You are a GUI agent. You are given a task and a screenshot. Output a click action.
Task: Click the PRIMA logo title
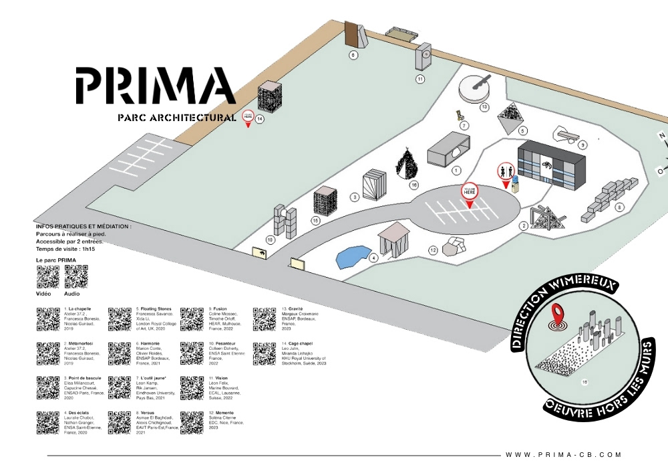click(x=155, y=85)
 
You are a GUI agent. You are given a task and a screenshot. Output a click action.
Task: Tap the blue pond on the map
click(x=353, y=256)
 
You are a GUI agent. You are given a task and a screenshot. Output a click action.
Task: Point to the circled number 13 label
click(x=484, y=106)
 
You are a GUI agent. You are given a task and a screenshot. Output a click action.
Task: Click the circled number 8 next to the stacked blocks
click(x=619, y=207)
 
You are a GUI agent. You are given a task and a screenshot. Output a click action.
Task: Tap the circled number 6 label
click(x=353, y=56)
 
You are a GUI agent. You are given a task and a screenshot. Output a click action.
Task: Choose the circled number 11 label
click(x=420, y=79)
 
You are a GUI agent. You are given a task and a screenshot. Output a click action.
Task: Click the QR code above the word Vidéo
click(x=47, y=276)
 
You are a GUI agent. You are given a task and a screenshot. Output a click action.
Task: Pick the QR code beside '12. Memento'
click(x=191, y=423)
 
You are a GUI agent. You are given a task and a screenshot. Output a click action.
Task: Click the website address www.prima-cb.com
click(x=563, y=455)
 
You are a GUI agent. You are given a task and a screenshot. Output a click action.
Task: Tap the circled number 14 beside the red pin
click(x=260, y=119)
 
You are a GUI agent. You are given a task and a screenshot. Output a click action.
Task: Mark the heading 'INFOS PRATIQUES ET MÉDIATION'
click(x=83, y=227)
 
